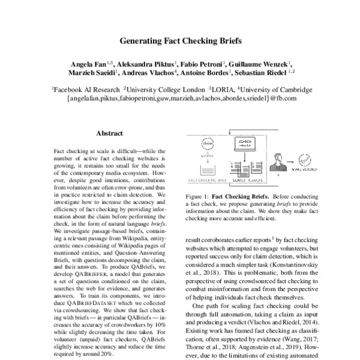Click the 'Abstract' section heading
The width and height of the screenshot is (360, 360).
(x=109, y=133)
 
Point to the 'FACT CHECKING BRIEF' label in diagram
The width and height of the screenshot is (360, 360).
(x=206, y=179)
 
